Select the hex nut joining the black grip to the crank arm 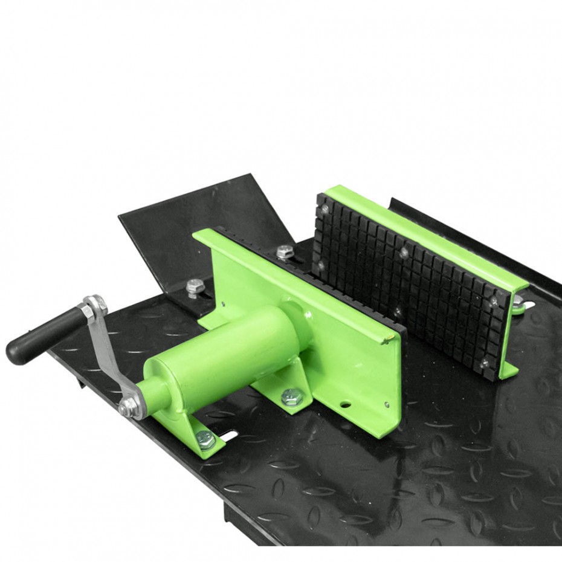[x=87, y=312]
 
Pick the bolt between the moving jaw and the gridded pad [x=285, y=251]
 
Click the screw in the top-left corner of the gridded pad [x=326, y=209]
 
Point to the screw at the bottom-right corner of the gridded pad [x=483, y=362]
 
